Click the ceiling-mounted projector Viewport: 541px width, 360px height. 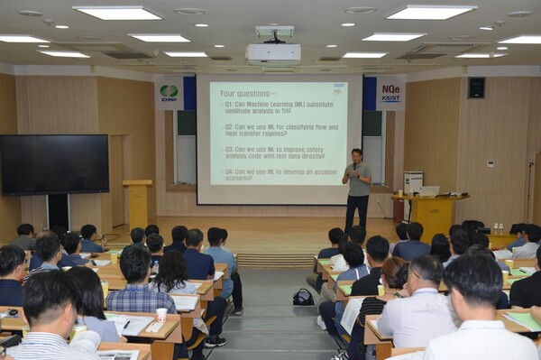273,51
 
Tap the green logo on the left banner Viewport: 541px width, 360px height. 168,91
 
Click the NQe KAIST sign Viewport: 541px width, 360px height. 390,92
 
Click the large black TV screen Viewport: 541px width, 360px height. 54,164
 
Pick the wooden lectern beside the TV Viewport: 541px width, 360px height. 138,203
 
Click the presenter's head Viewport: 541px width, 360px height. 357,154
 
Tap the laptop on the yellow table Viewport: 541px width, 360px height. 429,191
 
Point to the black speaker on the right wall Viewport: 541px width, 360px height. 476,88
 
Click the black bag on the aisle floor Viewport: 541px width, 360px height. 303,297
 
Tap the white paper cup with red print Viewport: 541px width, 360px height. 161,315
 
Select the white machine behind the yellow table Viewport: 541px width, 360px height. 412,182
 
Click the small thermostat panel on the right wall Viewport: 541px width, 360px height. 490,164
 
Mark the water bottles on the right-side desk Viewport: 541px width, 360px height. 497,229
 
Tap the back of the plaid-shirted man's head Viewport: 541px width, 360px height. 136,264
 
